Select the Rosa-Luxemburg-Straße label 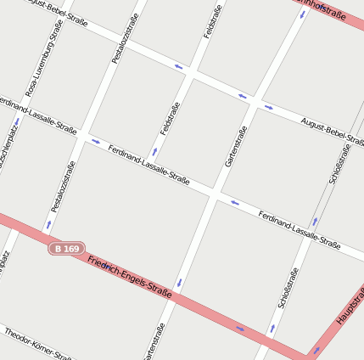pyautogui.click(x=44, y=57)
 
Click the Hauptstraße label pyautogui.click(x=350, y=306)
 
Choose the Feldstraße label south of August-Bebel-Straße pyautogui.click(x=171, y=119)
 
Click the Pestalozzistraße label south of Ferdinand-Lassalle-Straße pyautogui.click(x=58, y=186)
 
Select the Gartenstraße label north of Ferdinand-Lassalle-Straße pyautogui.click(x=235, y=146)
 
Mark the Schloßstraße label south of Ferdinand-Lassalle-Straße pyautogui.click(x=288, y=289)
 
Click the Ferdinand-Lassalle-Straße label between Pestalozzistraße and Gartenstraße pyautogui.click(x=148, y=164)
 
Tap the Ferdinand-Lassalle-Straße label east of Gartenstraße pyautogui.click(x=299, y=230)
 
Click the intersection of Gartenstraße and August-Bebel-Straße pyautogui.click(x=255, y=101)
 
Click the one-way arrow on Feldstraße pyautogui.click(x=154, y=152)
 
